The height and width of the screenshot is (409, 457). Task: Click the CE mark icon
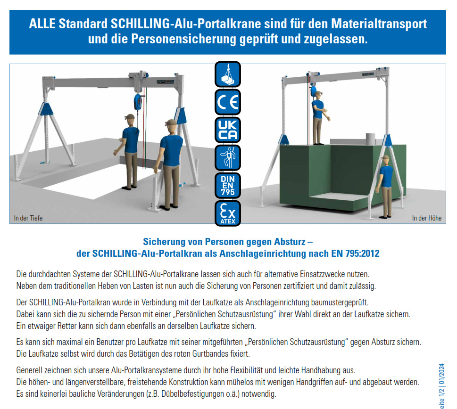228,102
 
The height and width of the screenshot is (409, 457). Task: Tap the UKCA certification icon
228,130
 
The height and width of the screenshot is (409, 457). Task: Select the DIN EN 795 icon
228,185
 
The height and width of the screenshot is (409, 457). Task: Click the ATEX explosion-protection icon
228,213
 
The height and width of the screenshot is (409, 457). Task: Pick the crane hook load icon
228,74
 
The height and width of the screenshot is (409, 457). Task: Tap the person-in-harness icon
228,157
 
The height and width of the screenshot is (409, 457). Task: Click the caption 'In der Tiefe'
26,218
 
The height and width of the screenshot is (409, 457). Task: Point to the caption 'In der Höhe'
427,218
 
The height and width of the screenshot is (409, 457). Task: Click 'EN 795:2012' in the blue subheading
356,254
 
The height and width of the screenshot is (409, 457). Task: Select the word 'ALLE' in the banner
42,24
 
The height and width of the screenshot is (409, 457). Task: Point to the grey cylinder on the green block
370,139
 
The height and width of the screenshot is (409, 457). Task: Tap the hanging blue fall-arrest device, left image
138,101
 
